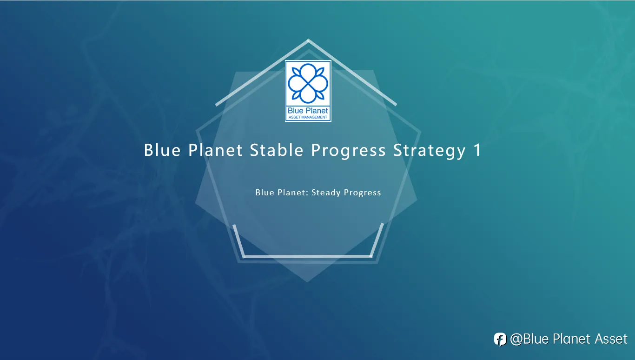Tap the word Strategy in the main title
coord(429,151)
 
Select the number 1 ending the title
coord(477,150)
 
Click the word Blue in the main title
coord(162,150)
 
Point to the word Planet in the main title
coord(215,150)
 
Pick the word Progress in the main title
coord(348,151)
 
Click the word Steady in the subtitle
coord(326,193)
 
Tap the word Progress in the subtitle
coord(362,193)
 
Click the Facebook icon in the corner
coord(500,339)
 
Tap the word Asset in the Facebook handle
coord(611,339)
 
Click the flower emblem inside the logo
coord(308,83)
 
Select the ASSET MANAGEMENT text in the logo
coord(308,117)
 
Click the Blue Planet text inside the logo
coord(308,111)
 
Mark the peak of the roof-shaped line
coord(308,40)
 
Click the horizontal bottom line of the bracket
coord(308,256)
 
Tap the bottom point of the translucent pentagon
coord(307,282)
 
